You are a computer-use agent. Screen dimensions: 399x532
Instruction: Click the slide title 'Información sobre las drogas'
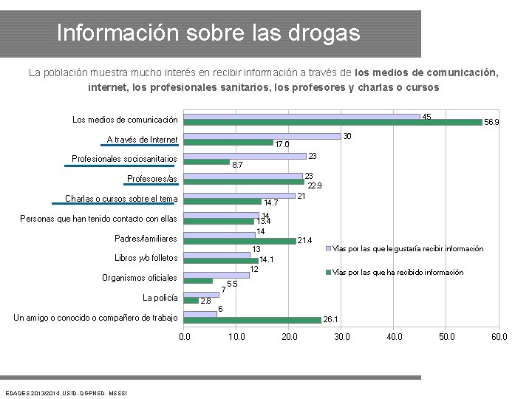pos(208,33)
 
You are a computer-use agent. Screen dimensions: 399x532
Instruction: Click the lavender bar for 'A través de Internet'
pos(262,136)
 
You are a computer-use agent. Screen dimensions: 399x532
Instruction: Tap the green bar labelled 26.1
pos(252,320)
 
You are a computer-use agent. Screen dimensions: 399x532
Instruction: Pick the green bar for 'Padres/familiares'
pos(239,241)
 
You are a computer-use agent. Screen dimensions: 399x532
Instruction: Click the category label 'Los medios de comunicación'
pos(125,120)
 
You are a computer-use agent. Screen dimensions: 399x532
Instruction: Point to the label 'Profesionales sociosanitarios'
pos(124,159)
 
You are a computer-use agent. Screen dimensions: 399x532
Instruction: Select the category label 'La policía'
pos(160,298)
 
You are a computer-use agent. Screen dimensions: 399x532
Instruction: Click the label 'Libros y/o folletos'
pos(146,258)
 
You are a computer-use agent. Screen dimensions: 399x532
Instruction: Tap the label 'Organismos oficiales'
pos(140,278)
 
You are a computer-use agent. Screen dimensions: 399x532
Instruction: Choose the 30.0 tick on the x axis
pos(342,337)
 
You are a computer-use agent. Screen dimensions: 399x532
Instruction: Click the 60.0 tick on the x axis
pos(499,337)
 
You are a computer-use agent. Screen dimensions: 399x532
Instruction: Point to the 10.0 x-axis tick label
pos(236,337)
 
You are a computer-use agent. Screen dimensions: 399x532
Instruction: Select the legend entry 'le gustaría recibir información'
pos(409,249)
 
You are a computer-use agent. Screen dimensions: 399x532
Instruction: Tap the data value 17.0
pos(282,144)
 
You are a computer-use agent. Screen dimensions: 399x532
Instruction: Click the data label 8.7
pos(238,165)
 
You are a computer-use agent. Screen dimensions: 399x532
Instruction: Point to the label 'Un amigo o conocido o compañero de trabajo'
pos(96,318)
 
